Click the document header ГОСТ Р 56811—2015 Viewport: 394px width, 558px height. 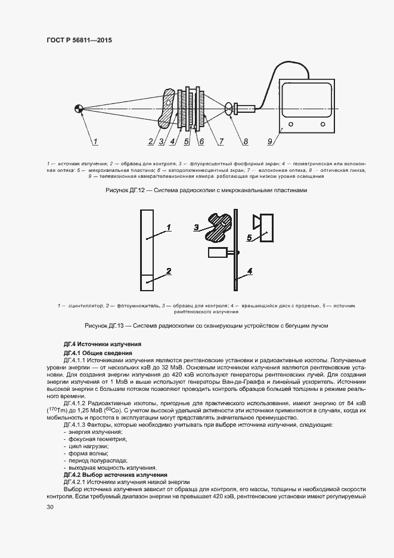pos(79,41)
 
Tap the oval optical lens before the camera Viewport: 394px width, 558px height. pos(229,109)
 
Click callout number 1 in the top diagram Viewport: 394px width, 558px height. pos(95,142)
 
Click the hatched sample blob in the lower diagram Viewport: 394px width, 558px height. pos(217,229)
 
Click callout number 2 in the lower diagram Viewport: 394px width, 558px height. pos(169,271)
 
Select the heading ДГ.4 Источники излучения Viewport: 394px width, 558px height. pos(102,345)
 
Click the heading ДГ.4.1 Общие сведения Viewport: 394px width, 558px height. pos(98,353)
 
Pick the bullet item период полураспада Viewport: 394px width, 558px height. pos(94,461)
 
